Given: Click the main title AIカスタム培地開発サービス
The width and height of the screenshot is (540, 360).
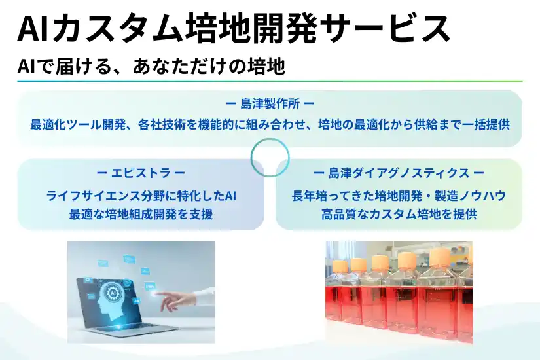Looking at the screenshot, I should click(234, 29).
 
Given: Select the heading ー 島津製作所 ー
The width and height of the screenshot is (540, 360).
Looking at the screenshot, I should click(270, 103).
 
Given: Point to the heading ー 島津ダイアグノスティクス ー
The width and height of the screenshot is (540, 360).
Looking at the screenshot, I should click(399, 173).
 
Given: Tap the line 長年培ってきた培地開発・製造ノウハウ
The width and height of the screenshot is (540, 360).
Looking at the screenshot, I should click(399, 196).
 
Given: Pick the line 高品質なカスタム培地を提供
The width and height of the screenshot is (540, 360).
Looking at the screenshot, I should click(399, 213).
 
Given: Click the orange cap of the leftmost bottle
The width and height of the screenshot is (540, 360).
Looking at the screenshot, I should click(340, 266).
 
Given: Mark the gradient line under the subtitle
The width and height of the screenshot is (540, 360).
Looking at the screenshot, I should click(270, 81).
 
